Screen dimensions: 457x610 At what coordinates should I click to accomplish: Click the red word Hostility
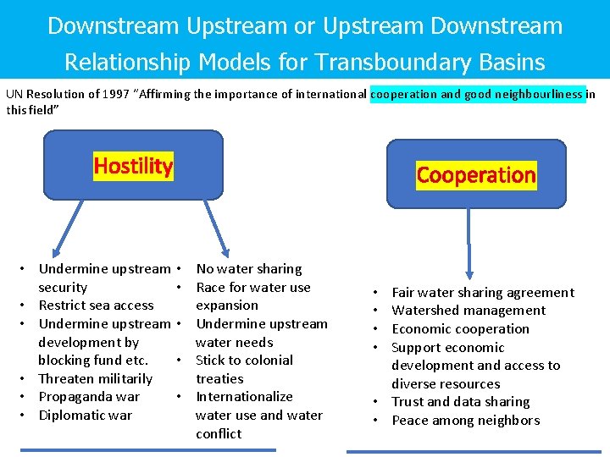coord(133,166)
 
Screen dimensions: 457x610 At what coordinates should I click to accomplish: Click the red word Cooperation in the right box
coord(476,175)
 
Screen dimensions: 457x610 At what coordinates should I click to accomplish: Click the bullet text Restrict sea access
coord(97,306)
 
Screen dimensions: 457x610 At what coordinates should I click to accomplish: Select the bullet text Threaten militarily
coord(96,378)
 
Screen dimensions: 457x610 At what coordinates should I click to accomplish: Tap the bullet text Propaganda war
coord(89,397)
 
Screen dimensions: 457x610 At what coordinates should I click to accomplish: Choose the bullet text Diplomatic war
coord(86,416)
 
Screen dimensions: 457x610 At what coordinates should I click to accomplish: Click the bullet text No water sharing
coord(249,269)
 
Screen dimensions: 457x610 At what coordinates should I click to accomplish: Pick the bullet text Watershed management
coord(469,311)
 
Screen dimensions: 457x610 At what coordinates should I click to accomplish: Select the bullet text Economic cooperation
coord(461,329)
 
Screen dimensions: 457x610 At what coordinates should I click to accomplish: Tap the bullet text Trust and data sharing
coord(461,402)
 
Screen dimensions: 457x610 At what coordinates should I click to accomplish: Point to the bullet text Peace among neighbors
coord(466,421)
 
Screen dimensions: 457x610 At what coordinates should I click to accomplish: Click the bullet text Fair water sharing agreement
coord(483,293)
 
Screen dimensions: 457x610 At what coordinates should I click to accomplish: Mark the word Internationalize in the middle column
coord(245,397)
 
